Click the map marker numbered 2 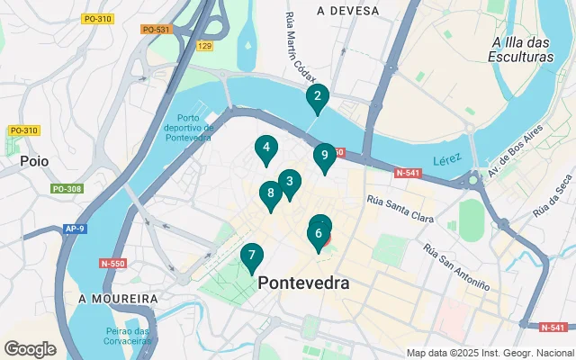pyautogui.click(x=317, y=98)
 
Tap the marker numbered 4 pyautogui.click(x=265, y=148)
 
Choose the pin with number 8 pyautogui.click(x=270, y=193)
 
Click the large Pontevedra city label pyautogui.click(x=304, y=283)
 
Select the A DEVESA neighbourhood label pyautogui.click(x=346, y=11)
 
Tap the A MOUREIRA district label pyautogui.click(x=118, y=298)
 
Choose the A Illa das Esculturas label pyautogui.click(x=524, y=49)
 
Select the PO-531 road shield pyautogui.click(x=156, y=30)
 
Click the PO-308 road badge pyautogui.click(x=67, y=189)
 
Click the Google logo pyautogui.click(x=31, y=348)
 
